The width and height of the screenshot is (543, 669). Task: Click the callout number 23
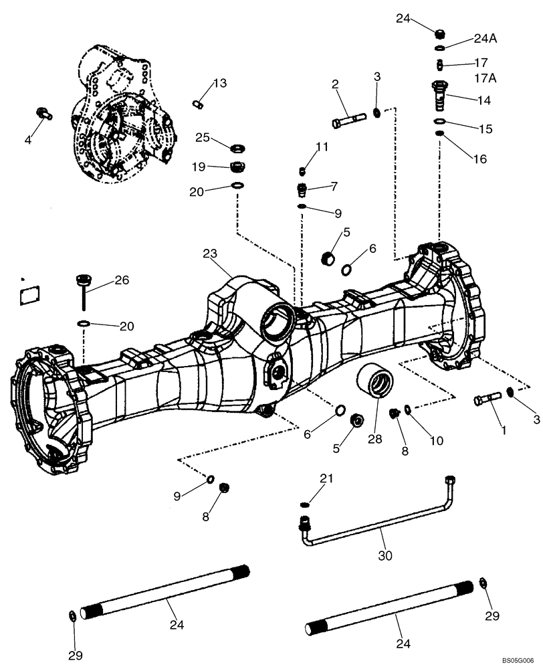[211, 254]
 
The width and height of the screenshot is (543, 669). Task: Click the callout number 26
[121, 280]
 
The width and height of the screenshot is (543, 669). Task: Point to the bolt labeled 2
[348, 121]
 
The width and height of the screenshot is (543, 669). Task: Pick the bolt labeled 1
[488, 400]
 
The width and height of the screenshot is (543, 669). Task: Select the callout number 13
[220, 84]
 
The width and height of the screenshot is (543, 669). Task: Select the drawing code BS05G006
[516, 659]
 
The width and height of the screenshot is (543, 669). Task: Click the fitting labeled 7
[302, 189]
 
